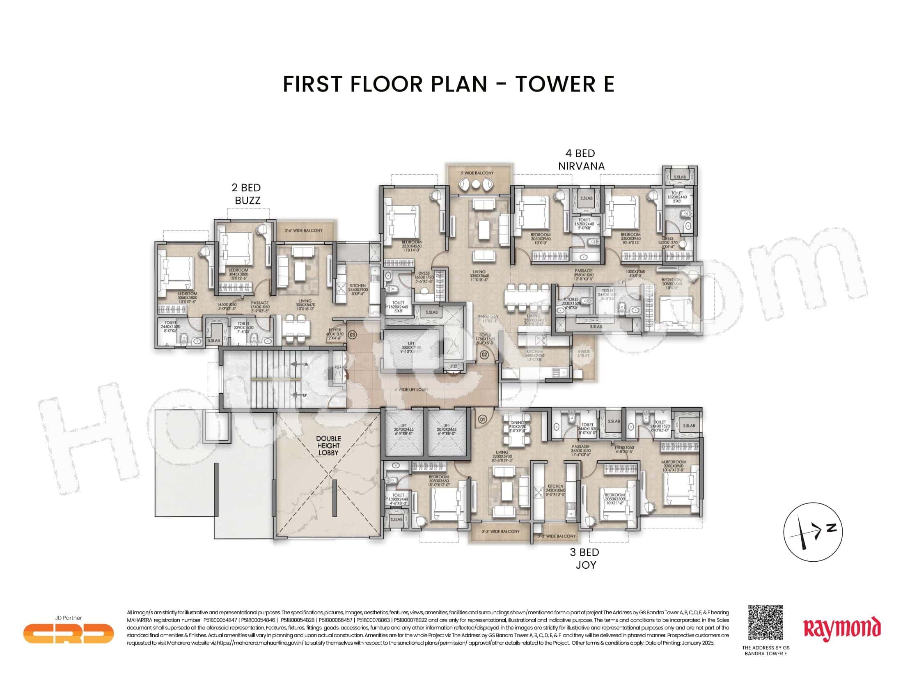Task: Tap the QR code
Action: tap(765, 622)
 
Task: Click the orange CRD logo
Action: tap(68, 633)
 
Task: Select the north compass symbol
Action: tap(812, 532)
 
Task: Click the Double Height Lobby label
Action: tap(329, 445)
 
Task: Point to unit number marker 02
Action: tap(485, 354)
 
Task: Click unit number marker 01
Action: tap(482, 419)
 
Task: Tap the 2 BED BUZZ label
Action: tap(247, 194)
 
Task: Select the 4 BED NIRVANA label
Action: tap(581, 160)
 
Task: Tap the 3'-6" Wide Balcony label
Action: tap(303, 230)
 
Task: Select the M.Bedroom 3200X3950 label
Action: tap(674, 465)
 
